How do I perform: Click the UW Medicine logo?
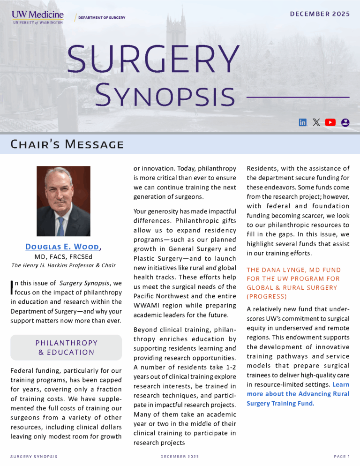tap(37, 17)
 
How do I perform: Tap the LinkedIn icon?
tap(303, 122)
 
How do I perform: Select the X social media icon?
tap(316, 122)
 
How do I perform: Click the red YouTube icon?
tap(330, 122)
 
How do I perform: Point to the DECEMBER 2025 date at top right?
tap(320, 14)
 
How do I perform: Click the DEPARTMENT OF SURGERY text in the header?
tap(102, 17)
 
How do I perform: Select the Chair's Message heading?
tap(67, 144)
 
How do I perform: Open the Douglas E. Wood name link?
tap(62, 247)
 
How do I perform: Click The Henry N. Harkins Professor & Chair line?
tap(63, 266)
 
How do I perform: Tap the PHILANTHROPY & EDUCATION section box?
tap(66, 347)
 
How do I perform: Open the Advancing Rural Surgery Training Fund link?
tap(298, 398)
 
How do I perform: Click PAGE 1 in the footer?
tap(342, 456)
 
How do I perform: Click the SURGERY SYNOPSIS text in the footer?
tap(34, 456)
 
